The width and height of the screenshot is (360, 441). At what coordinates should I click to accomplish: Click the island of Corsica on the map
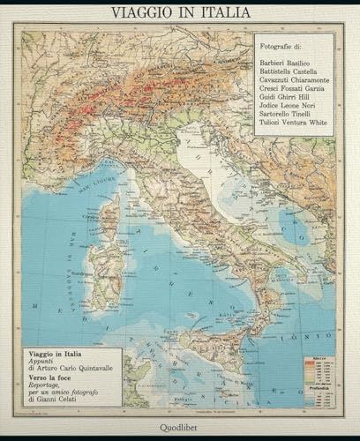coord(111,217)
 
